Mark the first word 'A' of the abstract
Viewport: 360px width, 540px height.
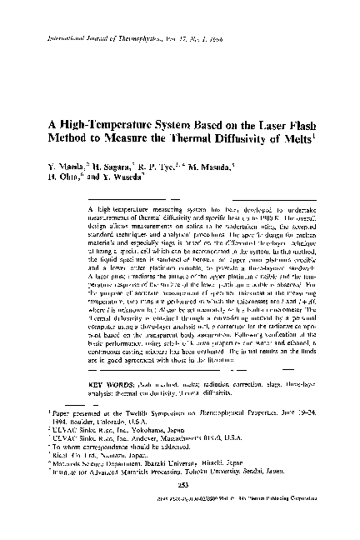(x=113, y=202)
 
